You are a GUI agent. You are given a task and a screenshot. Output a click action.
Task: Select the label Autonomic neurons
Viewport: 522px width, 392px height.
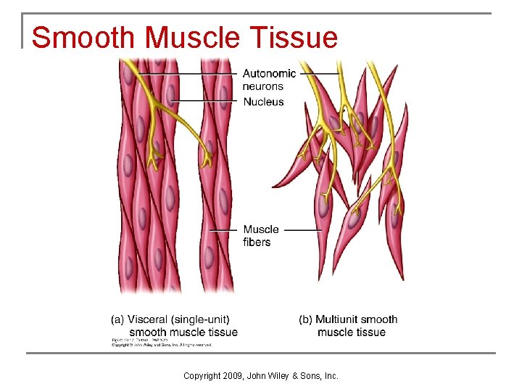pos(269,80)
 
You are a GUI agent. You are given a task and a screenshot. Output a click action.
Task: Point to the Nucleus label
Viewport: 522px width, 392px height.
pos(263,102)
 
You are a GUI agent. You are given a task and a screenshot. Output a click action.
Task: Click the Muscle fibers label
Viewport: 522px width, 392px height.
pos(260,236)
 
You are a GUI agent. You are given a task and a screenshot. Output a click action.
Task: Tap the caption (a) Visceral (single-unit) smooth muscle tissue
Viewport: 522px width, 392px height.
pos(174,326)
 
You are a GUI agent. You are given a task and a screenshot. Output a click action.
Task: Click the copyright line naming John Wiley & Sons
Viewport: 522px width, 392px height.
pos(261,375)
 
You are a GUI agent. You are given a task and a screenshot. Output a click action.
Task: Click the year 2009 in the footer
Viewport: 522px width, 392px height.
pos(233,375)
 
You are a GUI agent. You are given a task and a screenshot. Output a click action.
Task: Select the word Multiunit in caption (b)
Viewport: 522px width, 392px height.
pos(337,319)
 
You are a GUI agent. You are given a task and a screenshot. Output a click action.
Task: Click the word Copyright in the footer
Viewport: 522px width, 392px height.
pos(203,375)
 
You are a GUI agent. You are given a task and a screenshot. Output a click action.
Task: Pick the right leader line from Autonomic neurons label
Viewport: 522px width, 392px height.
pos(319,73)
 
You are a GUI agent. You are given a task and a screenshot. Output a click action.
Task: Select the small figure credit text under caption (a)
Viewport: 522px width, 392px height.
pos(161,343)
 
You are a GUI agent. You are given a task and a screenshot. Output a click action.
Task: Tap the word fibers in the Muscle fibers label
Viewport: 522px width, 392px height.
pos(257,242)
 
